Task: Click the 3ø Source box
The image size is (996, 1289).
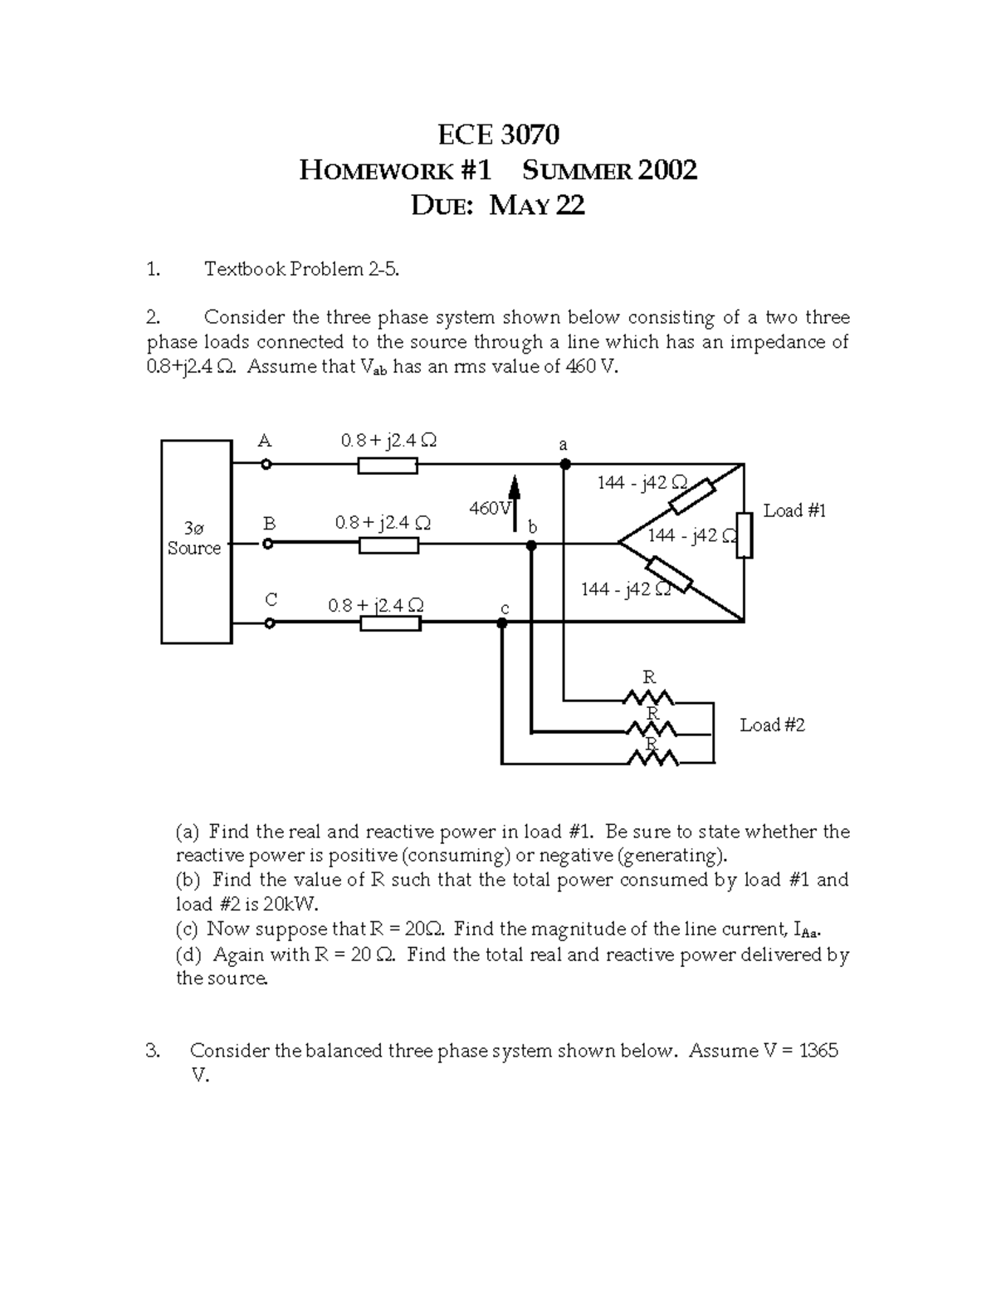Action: tap(196, 541)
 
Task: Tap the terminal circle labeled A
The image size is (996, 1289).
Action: tap(266, 465)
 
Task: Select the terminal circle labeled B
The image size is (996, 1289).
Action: tap(267, 544)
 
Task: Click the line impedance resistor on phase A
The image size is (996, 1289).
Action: tap(388, 466)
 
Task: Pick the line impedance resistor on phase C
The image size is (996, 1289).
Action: tap(390, 623)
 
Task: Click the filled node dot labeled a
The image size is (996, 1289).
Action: tap(564, 464)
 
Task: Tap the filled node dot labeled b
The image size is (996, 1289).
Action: tap(532, 545)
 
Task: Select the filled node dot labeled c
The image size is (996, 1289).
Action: tap(502, 623)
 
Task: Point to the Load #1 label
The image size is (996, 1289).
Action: tap(794, 510)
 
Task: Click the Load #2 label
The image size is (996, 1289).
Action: tap(772, 725)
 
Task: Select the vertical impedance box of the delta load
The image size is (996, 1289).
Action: tap(744, 535)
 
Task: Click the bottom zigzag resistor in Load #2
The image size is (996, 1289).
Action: tap(652, 759)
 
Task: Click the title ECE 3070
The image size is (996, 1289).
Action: tap(498, 134)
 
